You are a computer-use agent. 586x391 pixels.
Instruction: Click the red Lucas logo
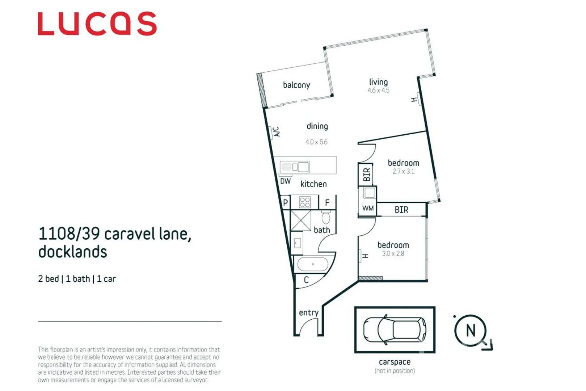[x=97, y=24]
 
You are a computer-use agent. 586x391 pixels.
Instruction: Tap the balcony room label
[x=296, y=85]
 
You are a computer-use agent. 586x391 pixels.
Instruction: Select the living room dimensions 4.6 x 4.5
[x=378, y=91]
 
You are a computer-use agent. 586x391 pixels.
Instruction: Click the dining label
[x=317, y=126]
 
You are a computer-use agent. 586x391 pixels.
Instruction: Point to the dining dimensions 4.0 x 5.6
[x=316, y=142]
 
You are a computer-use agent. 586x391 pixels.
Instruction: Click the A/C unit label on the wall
[x=276, y=131]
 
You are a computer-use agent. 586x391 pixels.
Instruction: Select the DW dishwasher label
[x=285, y=181]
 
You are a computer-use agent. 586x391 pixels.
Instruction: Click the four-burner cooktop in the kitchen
[x=305, y=202]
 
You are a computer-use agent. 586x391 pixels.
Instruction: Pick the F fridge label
[x=327, y=203]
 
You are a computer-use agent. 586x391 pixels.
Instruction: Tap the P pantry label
[x=286, y=203]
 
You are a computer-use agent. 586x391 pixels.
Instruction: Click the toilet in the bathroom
[x=326, y=218]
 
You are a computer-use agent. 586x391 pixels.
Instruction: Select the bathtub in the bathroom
[x=313, y=264]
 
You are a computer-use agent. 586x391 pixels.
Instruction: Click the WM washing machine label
[x=368, y=208]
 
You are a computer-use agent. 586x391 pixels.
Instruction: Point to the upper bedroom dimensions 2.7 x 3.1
[x=403, y=172]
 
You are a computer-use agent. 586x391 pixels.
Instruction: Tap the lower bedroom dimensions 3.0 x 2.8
[x=393, y=254]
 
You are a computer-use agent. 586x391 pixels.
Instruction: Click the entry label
[x=308, y=312]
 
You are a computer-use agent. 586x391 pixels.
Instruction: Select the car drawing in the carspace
[x=395, y=330]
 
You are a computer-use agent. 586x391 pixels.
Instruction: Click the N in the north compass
[x=471, y=331]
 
